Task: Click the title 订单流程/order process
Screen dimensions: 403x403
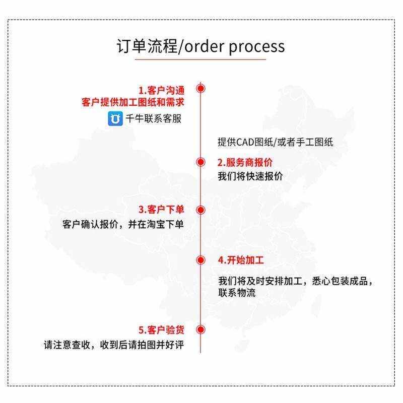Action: coord(200,46)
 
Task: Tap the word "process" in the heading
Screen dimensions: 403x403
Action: coord(256,46)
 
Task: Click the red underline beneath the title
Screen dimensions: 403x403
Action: coord(200,60)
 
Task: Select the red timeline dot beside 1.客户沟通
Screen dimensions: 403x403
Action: coord(200,89)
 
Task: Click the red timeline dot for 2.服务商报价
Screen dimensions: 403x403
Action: coord(200,162)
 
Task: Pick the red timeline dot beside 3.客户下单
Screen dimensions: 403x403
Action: coord(200,210)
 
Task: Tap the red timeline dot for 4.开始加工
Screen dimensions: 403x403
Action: coord(200,260)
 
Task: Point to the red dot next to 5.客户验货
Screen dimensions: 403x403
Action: coord(200,330)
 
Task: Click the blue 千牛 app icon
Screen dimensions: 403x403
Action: coord(115,118)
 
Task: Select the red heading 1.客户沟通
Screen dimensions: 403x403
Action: coord(161,90)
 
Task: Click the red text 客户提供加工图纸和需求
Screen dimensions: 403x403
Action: coord(132,102)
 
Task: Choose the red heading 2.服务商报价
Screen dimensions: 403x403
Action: coord(245,163)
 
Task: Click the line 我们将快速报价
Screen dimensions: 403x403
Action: coord(250,177)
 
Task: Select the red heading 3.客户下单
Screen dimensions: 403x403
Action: coord(161,210)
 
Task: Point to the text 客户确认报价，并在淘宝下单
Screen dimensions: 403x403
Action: coord(123,224)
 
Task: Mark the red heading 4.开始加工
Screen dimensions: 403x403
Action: coord(241,260)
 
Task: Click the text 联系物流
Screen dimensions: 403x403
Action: coord(236,293)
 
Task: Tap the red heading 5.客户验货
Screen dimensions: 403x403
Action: coord(161,330)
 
